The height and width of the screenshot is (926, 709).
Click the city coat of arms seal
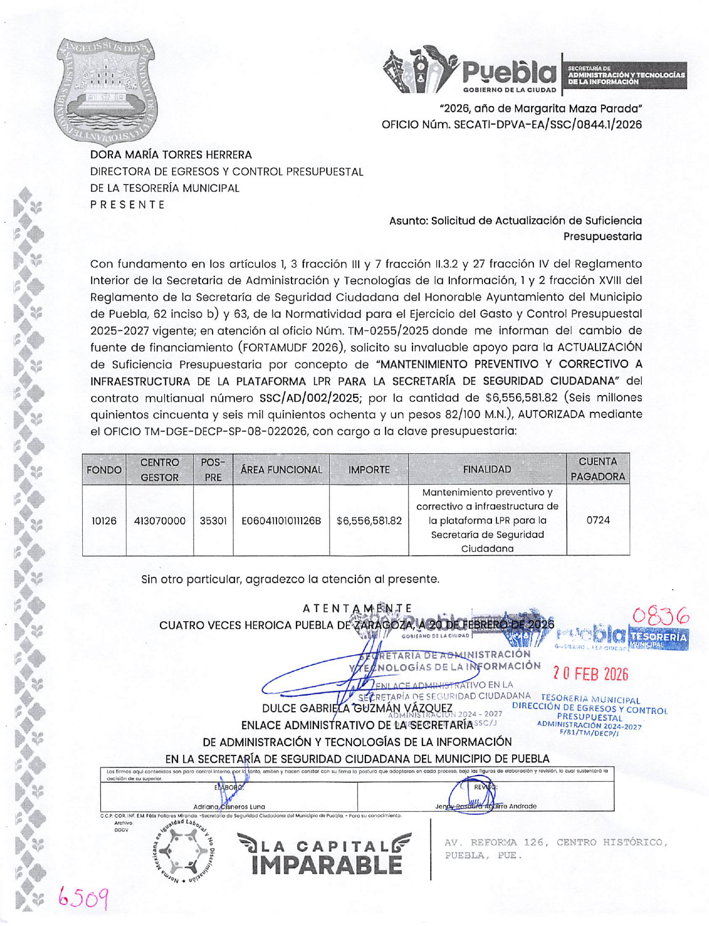(x=106, y=91)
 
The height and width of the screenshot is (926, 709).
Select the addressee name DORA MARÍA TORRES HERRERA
(x=171, y=154)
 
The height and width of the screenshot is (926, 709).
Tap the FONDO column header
(x=104, y=470)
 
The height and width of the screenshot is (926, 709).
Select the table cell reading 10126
(x=104, y=520)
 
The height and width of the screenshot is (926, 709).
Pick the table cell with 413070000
(x=159, y=520)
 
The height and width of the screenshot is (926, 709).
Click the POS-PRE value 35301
(x=213, y=520)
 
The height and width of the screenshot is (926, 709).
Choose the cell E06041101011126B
(x=281, y=520)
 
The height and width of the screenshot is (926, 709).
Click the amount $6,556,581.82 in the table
(x=369, y=520)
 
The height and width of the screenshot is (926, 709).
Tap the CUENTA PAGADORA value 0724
(x=598, y=520)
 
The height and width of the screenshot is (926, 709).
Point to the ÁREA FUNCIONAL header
(x=281, y=470)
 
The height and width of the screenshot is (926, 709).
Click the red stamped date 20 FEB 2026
(x=590, y=674)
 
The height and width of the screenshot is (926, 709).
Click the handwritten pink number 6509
(x=83, y=898)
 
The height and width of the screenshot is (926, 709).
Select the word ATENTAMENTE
(x=357, y=608)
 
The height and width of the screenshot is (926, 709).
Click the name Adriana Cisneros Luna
(x=229, y=806)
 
